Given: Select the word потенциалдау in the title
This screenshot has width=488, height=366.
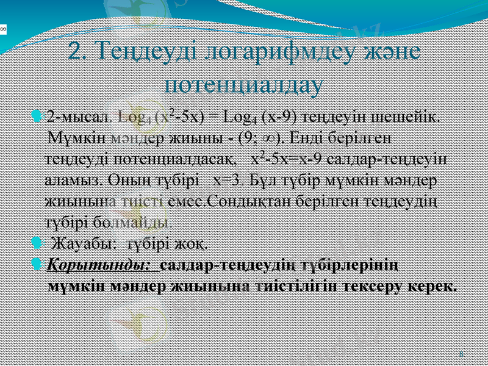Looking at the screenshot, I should click(x=245, y=84).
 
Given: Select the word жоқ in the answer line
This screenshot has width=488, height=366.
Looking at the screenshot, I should click(x=190, y=245).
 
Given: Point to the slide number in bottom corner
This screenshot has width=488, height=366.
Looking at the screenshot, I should click(x=461, y=353).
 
